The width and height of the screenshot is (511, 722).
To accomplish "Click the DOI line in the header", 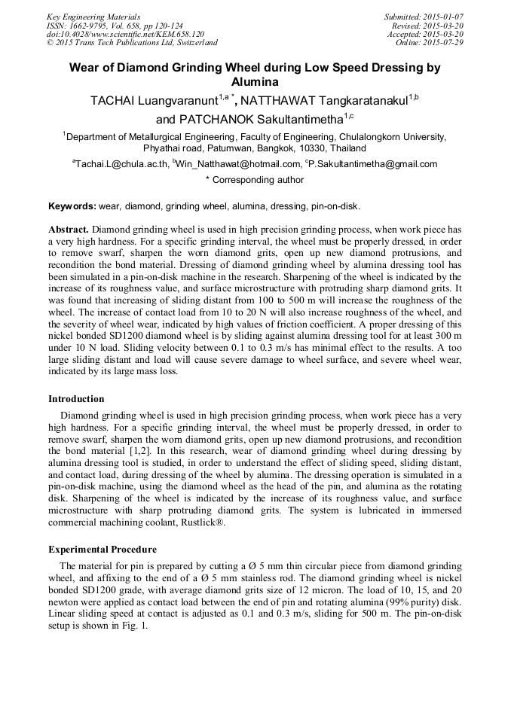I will [x=124, y=34].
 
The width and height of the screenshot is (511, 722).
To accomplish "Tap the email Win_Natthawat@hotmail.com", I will [x=237, y=164].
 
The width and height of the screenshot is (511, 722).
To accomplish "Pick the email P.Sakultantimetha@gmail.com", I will [x=373, y=164].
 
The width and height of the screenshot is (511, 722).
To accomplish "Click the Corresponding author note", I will [x=255, y=180].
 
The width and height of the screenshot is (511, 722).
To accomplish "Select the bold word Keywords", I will [x=72, y=206].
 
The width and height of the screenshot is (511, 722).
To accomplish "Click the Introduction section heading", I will [x=76, y=399].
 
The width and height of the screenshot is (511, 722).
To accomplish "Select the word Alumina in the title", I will [x=255, y=81].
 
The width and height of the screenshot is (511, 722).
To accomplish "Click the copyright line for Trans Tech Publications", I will [x=132, y=43].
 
